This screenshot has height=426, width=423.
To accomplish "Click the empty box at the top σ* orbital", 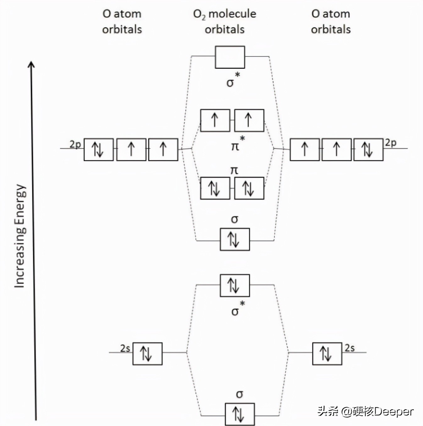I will [230, 57].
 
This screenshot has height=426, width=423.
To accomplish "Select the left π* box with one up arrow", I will [215, 120].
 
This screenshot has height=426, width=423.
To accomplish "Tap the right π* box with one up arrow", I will [249, 120].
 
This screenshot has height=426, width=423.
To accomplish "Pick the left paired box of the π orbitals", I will [215, 188].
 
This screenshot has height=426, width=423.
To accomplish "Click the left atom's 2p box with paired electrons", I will [98, 149].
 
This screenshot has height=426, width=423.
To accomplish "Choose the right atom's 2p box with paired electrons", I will [368, 149].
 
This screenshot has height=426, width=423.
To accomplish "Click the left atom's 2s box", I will [147, 354].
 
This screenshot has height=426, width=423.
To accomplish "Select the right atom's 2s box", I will [327, 354].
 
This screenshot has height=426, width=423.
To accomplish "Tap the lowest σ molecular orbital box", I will [239, 414].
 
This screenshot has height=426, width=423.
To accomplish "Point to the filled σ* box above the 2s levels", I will [234, 285].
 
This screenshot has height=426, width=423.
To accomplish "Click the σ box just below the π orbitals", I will [234, 239].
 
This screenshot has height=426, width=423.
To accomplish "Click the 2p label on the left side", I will [75, 144].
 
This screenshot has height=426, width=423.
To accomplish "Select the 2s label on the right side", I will [349, 348].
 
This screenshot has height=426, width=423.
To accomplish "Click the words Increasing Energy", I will [19, 236].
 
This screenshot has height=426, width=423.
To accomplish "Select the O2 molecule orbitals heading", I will [224, 21].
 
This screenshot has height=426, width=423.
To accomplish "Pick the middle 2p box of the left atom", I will [131, 149].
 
